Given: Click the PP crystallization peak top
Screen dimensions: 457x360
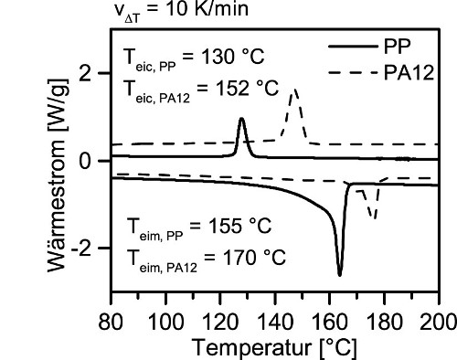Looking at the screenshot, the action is pyautogui.click(x=241, y=118).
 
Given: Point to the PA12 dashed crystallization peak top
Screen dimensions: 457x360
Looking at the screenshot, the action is pyautogui.click(x=294, y=90).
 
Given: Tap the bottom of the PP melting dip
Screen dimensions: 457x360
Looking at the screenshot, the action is pyautogui.click(x=340, y=275).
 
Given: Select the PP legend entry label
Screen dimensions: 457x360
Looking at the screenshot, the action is pyautogui.click(x=397, y=47).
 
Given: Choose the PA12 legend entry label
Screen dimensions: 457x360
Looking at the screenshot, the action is pyautogui.click(x=409, y=73).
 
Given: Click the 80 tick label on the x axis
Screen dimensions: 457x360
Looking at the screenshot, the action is pyautogui.click(x=111, y=322).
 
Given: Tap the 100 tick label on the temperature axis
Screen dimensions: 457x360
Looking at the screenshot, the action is pyautogui.click(x=165, y=322).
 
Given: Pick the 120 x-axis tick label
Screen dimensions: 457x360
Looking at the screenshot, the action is pyautogui.click(x=220, y=322).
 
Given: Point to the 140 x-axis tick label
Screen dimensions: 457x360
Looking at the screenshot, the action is pyautogui.click(x=275, y=322).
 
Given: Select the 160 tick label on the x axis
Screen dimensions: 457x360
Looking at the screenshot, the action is pyautogui.click(x=330, y=322).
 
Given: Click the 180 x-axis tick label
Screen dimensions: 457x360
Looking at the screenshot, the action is pyautogui.click(x=384, y=322).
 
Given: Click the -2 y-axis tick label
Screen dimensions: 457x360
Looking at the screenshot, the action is pyautogui.click(x=81, y=249).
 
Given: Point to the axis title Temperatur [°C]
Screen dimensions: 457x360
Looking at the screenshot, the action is pyautogui.click(x=274, y=347).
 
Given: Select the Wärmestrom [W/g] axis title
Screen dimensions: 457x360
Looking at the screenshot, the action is pyautogui.click(x=57, y=175).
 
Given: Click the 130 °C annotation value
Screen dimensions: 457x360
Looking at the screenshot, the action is pyautogui.click(x=232, y=57).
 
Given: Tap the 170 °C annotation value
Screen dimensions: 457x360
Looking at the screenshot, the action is pyautogui.click(x=254, y=258).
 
